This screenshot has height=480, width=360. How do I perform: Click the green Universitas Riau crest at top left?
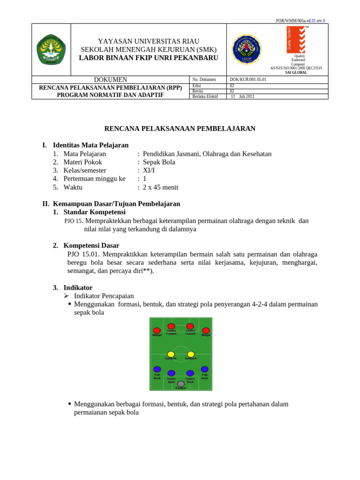coord(51,49)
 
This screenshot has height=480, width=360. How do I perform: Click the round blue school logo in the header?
coord(246,48)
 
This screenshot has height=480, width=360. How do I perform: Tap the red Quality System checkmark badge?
coord(296,40)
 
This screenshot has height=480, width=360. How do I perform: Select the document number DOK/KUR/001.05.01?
coord(247,80)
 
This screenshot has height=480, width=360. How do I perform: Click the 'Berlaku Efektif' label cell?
coord(205,97)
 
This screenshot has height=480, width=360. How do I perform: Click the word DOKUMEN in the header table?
coord(111,80)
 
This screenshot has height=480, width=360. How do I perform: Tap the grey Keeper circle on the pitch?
coord(181,384)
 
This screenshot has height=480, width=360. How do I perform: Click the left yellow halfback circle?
coord(171,354)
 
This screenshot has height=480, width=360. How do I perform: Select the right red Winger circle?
coord(206,330)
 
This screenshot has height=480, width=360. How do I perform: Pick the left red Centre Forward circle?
coord(172,326)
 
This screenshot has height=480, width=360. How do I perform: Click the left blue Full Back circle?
coord(157,369)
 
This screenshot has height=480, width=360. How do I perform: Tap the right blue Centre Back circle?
coord(190,373)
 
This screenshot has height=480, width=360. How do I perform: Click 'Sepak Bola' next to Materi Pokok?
coord(159,162)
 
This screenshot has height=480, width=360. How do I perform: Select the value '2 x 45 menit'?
coord(160,187)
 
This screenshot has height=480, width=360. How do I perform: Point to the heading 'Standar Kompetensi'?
coord(94,212)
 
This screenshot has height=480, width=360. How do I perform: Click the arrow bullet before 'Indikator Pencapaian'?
coord(67,296)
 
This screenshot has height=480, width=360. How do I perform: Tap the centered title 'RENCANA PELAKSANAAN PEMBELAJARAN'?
coord(180,128)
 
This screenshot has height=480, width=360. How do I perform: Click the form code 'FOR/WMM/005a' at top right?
coord(291,21)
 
